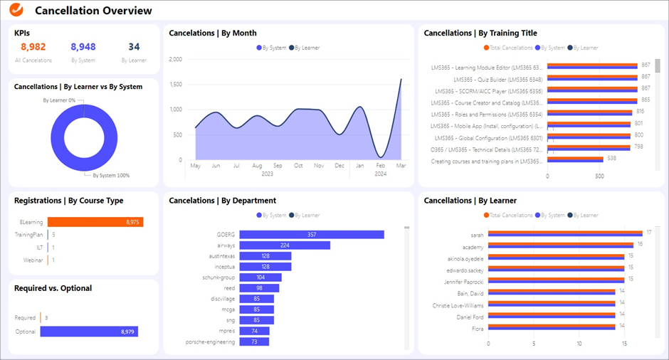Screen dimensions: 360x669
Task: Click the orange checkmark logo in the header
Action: [x=18, y=11]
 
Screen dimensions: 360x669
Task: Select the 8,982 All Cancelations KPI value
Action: [x=33, y=47]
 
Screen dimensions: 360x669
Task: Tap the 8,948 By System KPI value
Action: [x=83, y=47]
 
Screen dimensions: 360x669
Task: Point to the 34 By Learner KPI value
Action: [x=134, y=47]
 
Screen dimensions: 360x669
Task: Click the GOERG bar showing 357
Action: [x=312, y=235]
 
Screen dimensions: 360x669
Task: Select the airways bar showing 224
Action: [x=285, y=245]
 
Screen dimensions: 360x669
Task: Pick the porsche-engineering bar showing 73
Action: [x=254, y=342]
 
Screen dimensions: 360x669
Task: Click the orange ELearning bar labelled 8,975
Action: [x=95, y=222]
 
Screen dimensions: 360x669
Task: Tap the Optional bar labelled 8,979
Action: [x=93, y=332]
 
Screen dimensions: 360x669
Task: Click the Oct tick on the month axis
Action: [x=298, y=166]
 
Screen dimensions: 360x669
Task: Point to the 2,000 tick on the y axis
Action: [x=175, y=60]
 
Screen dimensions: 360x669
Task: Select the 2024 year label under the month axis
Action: [x=381, y=174]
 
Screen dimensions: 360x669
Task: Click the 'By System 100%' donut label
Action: [x=112, y=175]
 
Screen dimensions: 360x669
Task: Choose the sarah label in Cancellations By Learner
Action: [x=477, y=235]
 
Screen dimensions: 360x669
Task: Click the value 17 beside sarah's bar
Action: [x=648, y=232]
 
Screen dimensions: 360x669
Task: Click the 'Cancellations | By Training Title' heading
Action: [x=480, y=33]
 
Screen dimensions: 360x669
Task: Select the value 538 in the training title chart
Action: [x=610, y=159]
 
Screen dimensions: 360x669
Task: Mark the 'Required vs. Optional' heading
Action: [x=53, y=288]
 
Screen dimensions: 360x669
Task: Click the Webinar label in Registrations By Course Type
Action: [x=33, y=260]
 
